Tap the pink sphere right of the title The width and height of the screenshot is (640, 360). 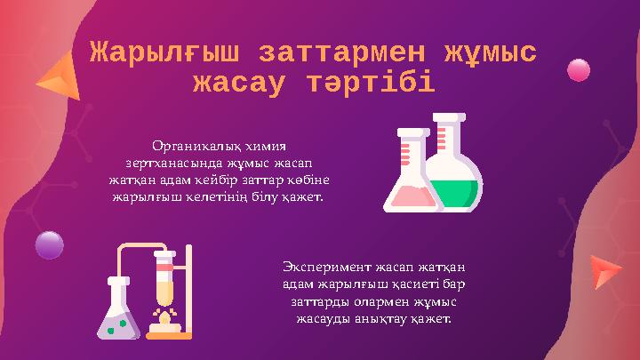(x=579, y=69)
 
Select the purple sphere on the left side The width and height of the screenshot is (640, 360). (x=49, y=244)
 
